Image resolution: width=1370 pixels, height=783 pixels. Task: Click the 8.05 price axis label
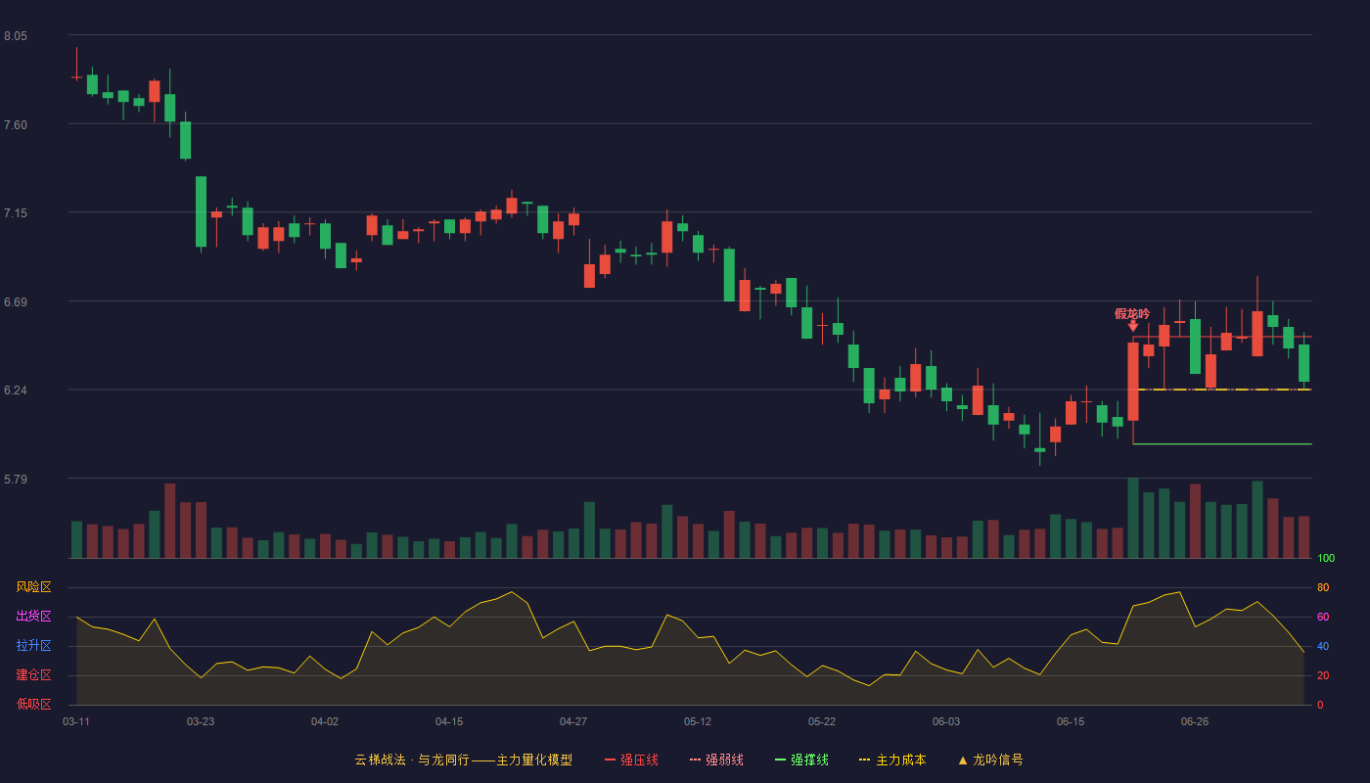(x=16, y=36)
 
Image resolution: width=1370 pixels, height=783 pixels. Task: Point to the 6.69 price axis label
(x=16, y=302)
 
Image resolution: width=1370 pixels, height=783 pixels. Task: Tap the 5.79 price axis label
(x=16, y=479)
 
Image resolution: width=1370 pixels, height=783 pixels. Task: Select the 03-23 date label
(x=201, y=722)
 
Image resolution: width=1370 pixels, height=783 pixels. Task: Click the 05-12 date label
(x=698, y=722)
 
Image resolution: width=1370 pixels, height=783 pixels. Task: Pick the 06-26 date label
(x=1195, y=722)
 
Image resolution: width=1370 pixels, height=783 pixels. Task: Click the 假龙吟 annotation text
(x=1132, y=314)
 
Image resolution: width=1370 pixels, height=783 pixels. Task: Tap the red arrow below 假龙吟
(x=1133, y=326)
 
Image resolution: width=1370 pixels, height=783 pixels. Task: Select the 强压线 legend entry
(x=631, y=760)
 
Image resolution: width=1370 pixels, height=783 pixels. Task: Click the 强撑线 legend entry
(x=801, y=760)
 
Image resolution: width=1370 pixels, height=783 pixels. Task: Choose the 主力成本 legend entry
(x=892, y=760)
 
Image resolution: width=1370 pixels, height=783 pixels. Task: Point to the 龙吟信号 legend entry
(x=990, y=760)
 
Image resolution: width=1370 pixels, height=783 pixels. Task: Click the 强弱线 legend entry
(x=716, y=760)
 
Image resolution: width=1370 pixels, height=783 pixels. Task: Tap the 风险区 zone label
(x=33, y=587)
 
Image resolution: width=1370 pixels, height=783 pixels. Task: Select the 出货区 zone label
(x=33, y=616)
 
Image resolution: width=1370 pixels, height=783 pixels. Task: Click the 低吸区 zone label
(x=33, y=704)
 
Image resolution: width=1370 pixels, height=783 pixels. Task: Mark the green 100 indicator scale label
(x=1326, y=558)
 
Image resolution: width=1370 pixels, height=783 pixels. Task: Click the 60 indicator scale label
(x=1323, y=617)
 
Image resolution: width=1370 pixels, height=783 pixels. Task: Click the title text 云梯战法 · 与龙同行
(x=412, y=760)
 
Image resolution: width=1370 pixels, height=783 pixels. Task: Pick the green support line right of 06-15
(x=1222, y=443)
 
